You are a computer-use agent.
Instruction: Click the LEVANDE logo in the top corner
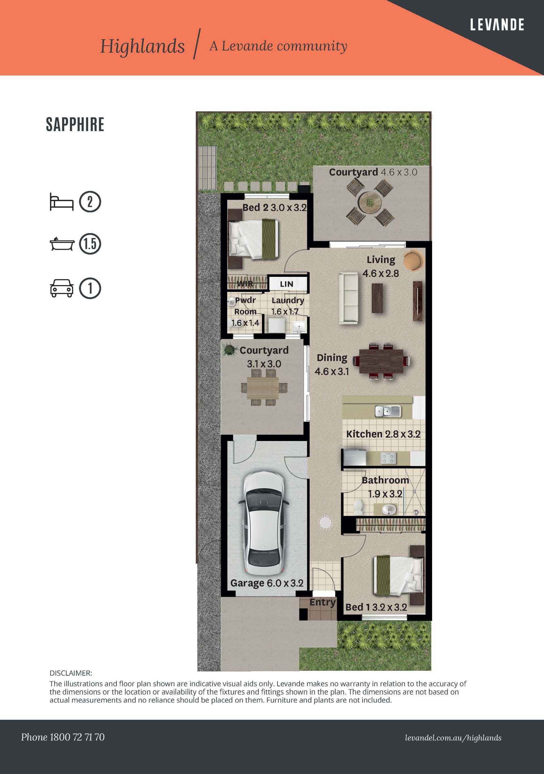click(x=497, y=25)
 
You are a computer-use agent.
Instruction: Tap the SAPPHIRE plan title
click(x=75, y=125)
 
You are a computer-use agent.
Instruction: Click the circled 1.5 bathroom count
click(x=90, y=244)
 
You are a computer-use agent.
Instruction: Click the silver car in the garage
click(x=264, y=524)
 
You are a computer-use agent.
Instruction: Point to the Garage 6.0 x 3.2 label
click(x=267, y=583)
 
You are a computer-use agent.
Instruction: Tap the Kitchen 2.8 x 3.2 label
click(x=383, y=434)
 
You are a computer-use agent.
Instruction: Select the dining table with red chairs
click(x=381, y=361)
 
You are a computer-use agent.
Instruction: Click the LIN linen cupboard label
click(x=287, y=284)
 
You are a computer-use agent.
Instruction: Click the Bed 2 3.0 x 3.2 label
click(x=275, y=208)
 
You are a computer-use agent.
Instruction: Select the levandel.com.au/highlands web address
click(x=453, y=738)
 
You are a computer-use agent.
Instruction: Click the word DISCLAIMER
click(x=71, y=673)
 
